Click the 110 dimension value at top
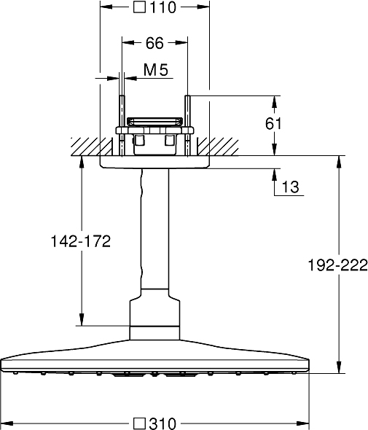(x=163, y=7)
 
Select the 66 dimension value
(x=154, y=43)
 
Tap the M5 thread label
(x=156, y=70)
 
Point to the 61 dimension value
(x=273, y=123)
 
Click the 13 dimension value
(x=290, y=187)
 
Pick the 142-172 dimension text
(x=81, y=241)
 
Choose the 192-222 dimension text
(x=337, y=265)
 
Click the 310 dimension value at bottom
(x=163, y=423)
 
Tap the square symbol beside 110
(x=139, y=7)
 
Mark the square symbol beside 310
(x=139, y=423)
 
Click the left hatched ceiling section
(x=92, y=146)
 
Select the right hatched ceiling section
(x=218, y=146)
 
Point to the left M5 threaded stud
(x=122, y=126)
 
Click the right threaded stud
(x=187, y=126)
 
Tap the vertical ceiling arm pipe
(x=154, y=229)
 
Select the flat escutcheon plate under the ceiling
(x=154, y=162)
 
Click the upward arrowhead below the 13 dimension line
(x=275, y=175)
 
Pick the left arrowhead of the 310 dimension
(x=7, y=423)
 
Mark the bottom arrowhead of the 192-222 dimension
(x=339, y=367)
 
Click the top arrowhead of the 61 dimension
(x=275, y=102)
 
